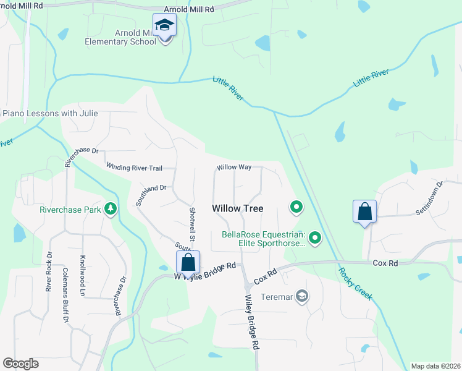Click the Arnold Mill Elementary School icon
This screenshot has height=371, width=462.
(165, 26)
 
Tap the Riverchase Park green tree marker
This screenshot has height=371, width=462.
(111, 209)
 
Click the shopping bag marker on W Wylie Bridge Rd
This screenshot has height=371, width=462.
(188, 262)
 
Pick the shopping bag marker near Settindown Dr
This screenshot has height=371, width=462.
(365, 211)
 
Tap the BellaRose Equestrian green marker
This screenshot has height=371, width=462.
(315, 237)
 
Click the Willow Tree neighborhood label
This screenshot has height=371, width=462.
(238, 208)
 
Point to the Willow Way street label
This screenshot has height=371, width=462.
(234, 168)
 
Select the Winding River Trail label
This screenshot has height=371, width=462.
(134, 167)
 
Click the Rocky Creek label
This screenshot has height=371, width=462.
(355, 284)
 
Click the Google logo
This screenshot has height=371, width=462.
(20, 364)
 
